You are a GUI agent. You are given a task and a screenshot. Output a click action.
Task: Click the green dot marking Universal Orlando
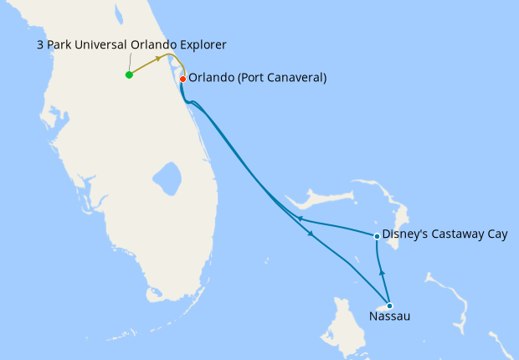pos(129,75)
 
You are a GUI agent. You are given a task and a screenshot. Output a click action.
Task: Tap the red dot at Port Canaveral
pos(182,79)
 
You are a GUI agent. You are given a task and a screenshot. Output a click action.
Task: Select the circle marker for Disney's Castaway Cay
pos(378,236)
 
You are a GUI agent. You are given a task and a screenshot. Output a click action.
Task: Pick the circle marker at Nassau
pos(389,306)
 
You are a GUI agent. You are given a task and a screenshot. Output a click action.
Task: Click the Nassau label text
pos(389,317)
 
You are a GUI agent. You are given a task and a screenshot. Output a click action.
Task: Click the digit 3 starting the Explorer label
pos(40,44)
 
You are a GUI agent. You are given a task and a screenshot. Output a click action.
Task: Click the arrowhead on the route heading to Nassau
pos(312,234)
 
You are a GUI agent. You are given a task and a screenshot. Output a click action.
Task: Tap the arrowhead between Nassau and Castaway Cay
pos(382,272)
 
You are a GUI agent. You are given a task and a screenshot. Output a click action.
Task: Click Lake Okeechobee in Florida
pos(167,177)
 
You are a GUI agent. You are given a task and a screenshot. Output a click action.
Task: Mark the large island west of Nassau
pos(346,326)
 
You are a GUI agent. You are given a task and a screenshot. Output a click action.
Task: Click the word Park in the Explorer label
pos(61,44)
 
